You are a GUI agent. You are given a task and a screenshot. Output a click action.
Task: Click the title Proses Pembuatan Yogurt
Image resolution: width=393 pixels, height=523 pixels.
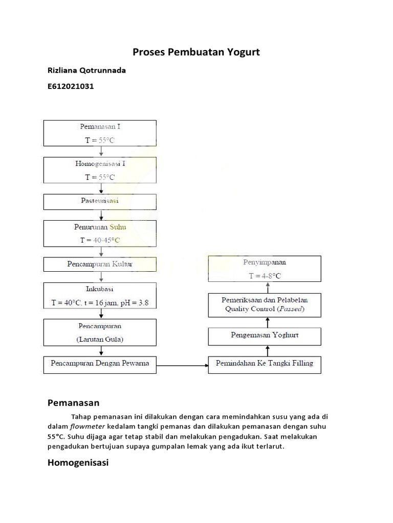pyautogui.click(x=196, y=52)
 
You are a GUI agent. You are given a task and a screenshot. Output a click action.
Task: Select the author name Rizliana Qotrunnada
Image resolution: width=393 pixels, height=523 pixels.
pyautogui.click(x=86, y=70)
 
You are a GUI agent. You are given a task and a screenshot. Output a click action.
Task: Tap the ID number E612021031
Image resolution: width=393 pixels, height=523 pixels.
pyautogui.click(x=71, y=87)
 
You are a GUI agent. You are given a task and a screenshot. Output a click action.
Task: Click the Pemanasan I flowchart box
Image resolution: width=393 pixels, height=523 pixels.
pyautogui.click(x=100, y=133)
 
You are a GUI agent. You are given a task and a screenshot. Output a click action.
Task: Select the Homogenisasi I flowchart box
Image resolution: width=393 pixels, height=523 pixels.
pyautogui.click(x=100, y=170)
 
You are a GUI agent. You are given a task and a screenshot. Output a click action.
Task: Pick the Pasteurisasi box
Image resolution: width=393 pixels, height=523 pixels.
pyautogui.click(x=100, y=201)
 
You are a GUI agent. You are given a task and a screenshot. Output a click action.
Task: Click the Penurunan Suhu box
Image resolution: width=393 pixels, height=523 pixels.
pyautogui.click(x=100, y=233)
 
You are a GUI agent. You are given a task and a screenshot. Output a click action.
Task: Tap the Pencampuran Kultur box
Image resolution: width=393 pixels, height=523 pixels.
pyautogui.click(x=100, y=264)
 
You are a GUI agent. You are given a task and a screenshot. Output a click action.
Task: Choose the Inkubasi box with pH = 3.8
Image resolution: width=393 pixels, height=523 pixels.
pyautogui.click(x=100, y=296)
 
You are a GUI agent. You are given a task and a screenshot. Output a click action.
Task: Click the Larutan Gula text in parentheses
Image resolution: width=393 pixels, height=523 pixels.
pyautogui.click(x=100, y=339)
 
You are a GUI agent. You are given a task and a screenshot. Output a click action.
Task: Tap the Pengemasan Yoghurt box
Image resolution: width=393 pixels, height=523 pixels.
pyautogui.click(x=265, y=336)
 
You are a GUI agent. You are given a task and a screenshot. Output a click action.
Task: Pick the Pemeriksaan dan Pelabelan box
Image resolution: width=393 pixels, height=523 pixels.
pyautogui.click(x=265, y=304)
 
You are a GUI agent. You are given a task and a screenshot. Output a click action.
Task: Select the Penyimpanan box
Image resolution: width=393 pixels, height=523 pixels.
pyautogui.click(x=265, y=269)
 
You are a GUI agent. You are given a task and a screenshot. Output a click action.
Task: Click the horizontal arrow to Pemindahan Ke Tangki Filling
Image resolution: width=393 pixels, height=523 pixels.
pyautogui.click(x=182, y=365)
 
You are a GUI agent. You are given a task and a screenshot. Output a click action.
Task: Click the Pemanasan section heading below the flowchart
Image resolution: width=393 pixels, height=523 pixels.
pyautogui.click(x=73, y=403)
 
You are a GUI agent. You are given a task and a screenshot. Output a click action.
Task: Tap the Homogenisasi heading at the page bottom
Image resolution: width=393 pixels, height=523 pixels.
pyautogui.click(x=78, y=463)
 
